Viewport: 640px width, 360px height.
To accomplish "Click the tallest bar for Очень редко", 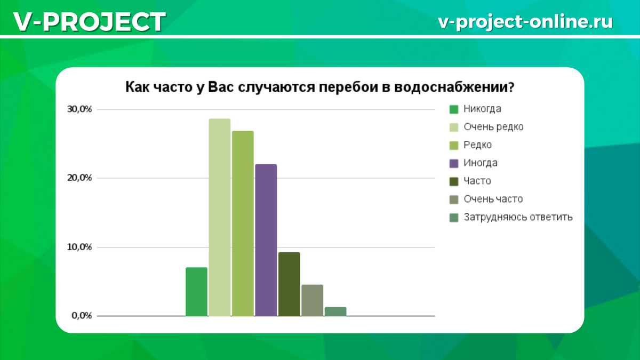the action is [x=219, y=217].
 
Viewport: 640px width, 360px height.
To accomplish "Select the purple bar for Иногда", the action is [x=266, y=240].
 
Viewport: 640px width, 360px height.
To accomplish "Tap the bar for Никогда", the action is [x=196, y=292].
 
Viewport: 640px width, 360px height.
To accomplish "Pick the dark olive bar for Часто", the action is [x=289, y=284].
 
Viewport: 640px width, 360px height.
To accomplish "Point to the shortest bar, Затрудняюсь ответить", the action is [x=335, y=311].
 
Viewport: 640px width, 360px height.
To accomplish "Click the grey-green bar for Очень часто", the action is [x=313, y=300].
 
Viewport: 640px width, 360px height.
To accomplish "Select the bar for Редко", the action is [x=243, y=223].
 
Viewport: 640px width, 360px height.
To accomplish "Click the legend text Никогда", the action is [x=482, y=109].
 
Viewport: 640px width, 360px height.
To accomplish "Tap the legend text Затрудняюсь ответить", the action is [x=518, y=217].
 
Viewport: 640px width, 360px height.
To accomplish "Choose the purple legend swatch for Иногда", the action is [x=454, y=163].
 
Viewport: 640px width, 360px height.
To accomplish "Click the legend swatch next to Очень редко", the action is [x=454, y=127].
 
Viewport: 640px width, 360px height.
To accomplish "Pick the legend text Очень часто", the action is [x=493, y=199].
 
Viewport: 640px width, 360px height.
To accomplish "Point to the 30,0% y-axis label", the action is [x=79, y=109].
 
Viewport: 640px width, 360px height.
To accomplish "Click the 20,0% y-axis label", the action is [x=79, y=178].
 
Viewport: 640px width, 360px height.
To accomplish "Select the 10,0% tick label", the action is [x=79, y=247].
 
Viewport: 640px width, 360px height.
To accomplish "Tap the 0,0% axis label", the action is [x=82, y=316].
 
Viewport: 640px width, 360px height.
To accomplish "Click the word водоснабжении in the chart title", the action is [x=454, y=87].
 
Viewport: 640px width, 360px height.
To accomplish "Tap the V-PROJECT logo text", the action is [x=90, y=22].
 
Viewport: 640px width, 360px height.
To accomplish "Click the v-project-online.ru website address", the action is [x=525, y=22].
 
